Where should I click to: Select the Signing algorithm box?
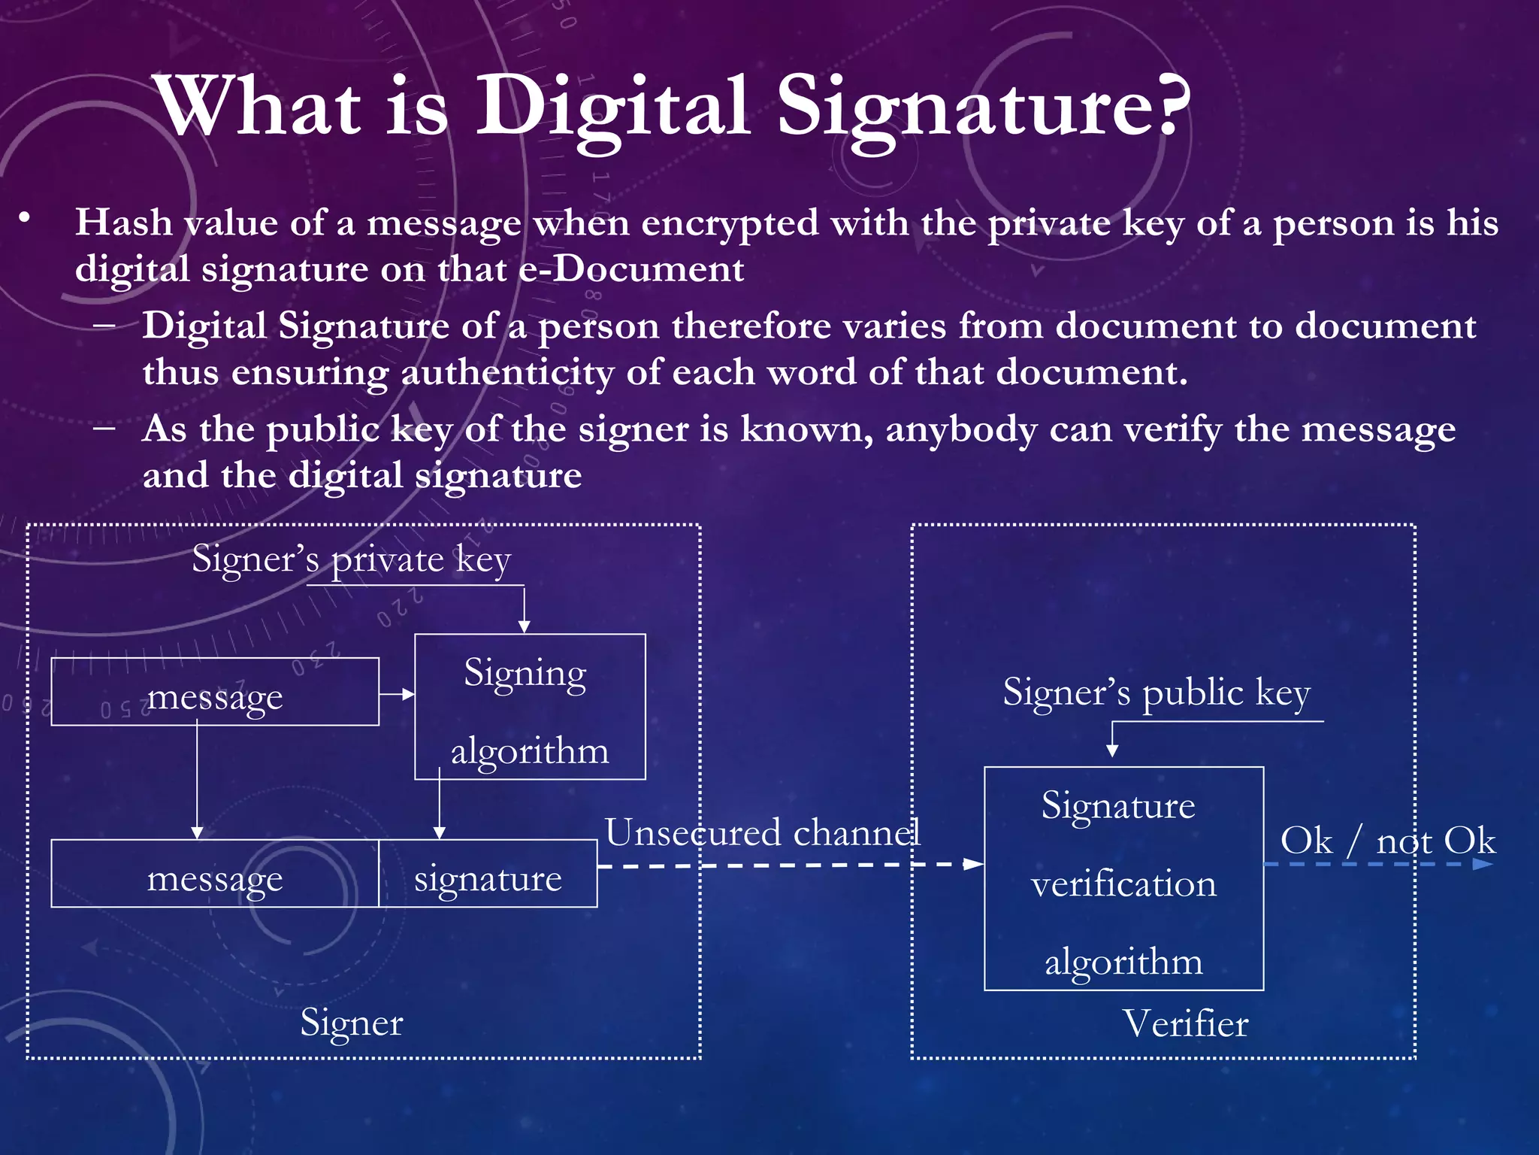tap(530, 707)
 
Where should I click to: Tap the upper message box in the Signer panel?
tap(215, 693)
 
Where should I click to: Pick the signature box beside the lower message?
tap(488, 875)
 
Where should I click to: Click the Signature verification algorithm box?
tap(1123, 879)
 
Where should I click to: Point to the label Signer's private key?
tap(351, 560)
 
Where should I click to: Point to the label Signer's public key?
tap(1156, 693)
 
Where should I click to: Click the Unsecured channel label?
tap(762, 833)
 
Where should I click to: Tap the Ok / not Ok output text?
tap(1387, 840)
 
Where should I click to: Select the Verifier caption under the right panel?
tap(1185, 1024)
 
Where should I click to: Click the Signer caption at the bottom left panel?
tap(352, 1023)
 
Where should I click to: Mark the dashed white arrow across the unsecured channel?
tap(789, 865)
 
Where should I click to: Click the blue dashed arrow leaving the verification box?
tap(1379, 864)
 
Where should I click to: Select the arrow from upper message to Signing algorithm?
tap(397, 694)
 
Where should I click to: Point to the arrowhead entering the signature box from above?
tap(440, 832)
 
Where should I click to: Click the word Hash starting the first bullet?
tap(123, 223)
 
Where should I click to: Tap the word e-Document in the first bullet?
tap(631, 269)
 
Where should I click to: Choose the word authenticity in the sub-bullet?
tap(507, 373)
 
